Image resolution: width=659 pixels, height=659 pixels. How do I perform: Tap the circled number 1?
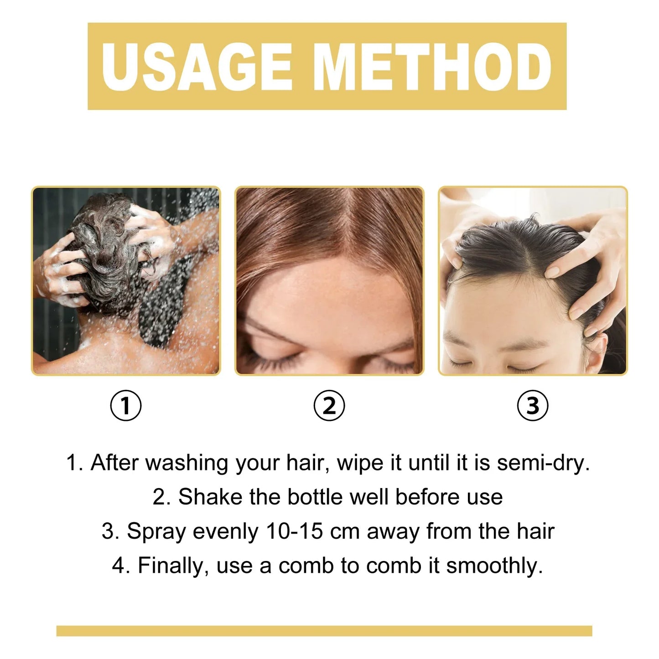coord(126,405)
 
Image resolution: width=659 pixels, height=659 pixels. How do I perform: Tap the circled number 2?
coord(329,405)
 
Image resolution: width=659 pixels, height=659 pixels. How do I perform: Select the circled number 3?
coord(533,405)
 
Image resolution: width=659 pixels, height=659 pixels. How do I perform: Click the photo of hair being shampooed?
coord(126,281)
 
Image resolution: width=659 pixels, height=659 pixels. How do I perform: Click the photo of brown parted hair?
coord(329,281)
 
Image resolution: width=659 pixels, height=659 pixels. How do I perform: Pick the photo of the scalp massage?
coord(533,281)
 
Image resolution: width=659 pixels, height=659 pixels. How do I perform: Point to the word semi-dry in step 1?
coord(543,463)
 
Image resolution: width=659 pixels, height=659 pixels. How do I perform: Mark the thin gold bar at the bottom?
coord(324,631)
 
